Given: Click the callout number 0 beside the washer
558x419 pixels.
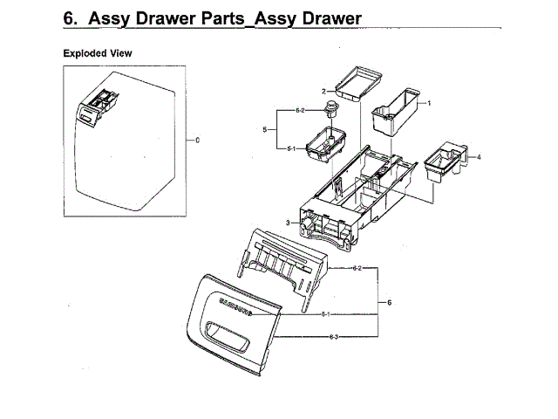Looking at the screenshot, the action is point(198,140).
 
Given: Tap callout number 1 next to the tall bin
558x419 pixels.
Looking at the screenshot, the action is point(429,103).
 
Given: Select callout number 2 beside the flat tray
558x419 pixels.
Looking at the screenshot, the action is point(323,91).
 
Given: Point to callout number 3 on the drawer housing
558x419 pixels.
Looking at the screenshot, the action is point(287,223).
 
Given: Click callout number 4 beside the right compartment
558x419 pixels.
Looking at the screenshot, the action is point(479,157).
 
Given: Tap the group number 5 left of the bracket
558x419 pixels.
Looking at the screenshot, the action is point(264,130).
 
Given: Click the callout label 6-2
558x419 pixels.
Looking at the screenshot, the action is point(358,269).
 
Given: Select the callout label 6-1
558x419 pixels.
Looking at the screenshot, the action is point(325,313).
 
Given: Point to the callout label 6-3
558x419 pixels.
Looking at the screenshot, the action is point(334,336).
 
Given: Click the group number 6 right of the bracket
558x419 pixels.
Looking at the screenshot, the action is point(389,302).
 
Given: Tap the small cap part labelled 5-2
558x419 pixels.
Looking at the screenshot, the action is point(331,108).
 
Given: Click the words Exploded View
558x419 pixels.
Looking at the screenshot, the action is point(97,53).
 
